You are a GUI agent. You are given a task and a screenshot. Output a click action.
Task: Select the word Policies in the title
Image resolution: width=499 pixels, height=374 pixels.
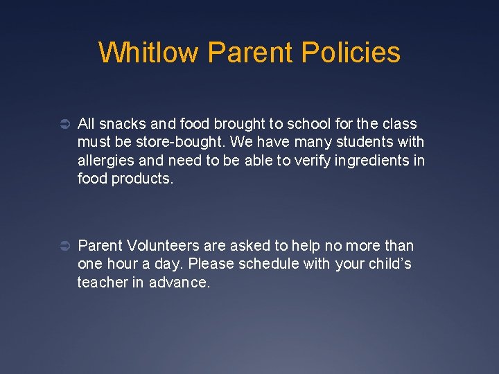(x=353, y=53)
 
